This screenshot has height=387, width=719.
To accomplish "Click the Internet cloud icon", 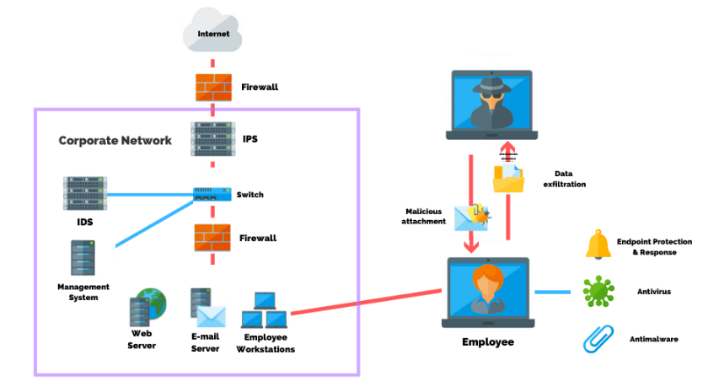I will coord(213,31).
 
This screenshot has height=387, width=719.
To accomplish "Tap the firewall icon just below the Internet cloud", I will coord(213,87).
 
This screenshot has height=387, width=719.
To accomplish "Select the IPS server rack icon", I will coord(212,139).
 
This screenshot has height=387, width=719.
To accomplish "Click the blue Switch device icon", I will coord(212,195).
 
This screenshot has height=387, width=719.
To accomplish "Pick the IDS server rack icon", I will coord(85,193).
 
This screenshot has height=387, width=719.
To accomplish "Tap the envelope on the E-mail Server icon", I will coord(212,315).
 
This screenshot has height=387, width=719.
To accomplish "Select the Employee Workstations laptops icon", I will coord(265,310).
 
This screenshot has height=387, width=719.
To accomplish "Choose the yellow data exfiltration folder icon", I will coord(508,178).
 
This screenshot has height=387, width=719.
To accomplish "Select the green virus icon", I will coord(598,292).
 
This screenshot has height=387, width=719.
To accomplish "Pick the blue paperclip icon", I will coord(598,338).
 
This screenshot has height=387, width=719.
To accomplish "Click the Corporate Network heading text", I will coord(115,140).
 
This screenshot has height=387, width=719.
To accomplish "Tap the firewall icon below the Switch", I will coord(212,238).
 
